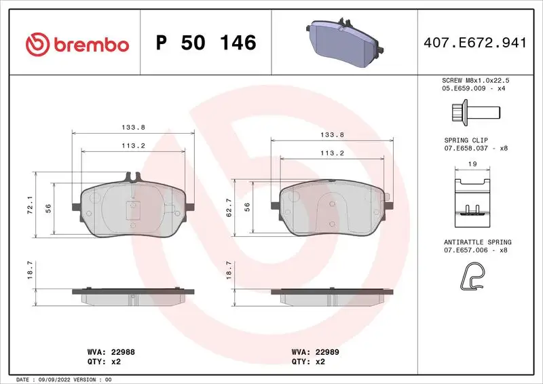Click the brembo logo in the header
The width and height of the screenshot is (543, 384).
click(77, 44)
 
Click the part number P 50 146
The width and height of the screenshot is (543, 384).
click(206, 43)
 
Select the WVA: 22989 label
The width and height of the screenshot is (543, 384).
click(315, 352)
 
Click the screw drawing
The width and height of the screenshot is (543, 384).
click(474, 110)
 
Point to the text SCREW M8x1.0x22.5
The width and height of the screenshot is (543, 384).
click(475, 80)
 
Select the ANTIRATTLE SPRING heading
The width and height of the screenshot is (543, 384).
click(477, 242)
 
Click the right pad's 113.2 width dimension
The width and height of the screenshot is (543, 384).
click(332, 153)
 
